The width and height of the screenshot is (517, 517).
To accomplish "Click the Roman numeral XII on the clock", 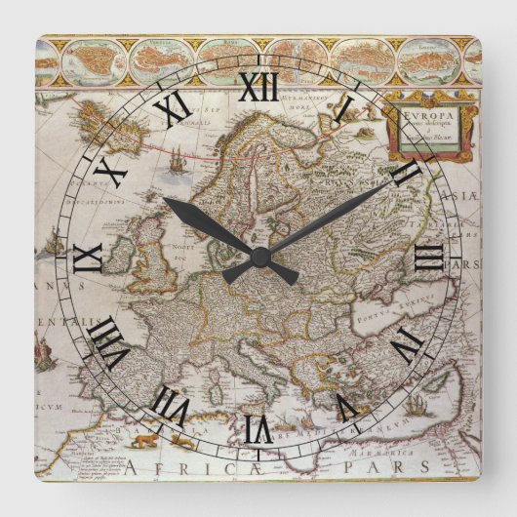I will pos(258,88).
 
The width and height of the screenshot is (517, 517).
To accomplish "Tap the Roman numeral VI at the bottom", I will pos(258,426).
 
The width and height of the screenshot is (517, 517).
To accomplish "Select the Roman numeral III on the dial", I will pos(427,258).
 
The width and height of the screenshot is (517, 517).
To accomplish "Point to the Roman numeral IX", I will pos(89,258).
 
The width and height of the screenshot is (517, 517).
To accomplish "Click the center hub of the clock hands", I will pos(259,256).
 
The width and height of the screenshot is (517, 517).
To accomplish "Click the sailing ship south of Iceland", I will pos(176,164).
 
